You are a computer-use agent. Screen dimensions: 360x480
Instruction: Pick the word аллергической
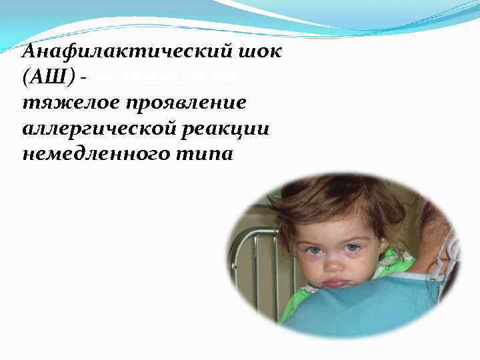tap(89, 129)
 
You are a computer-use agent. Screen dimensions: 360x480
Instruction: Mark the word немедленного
tap(83, 154)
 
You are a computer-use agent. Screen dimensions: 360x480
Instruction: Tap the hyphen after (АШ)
tap(82, 79)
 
